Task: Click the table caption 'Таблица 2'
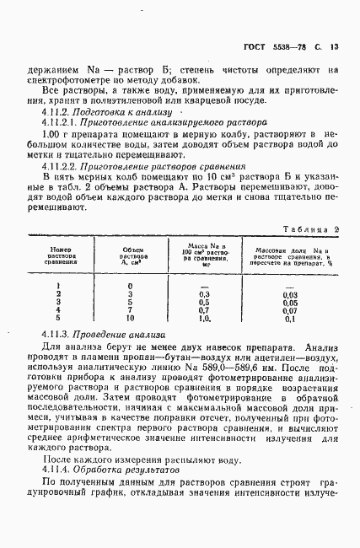[x=312, y=228]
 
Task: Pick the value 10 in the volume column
[x=129, y=319]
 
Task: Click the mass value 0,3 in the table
[x=203, y=293]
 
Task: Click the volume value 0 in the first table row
[x=129, y=285]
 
